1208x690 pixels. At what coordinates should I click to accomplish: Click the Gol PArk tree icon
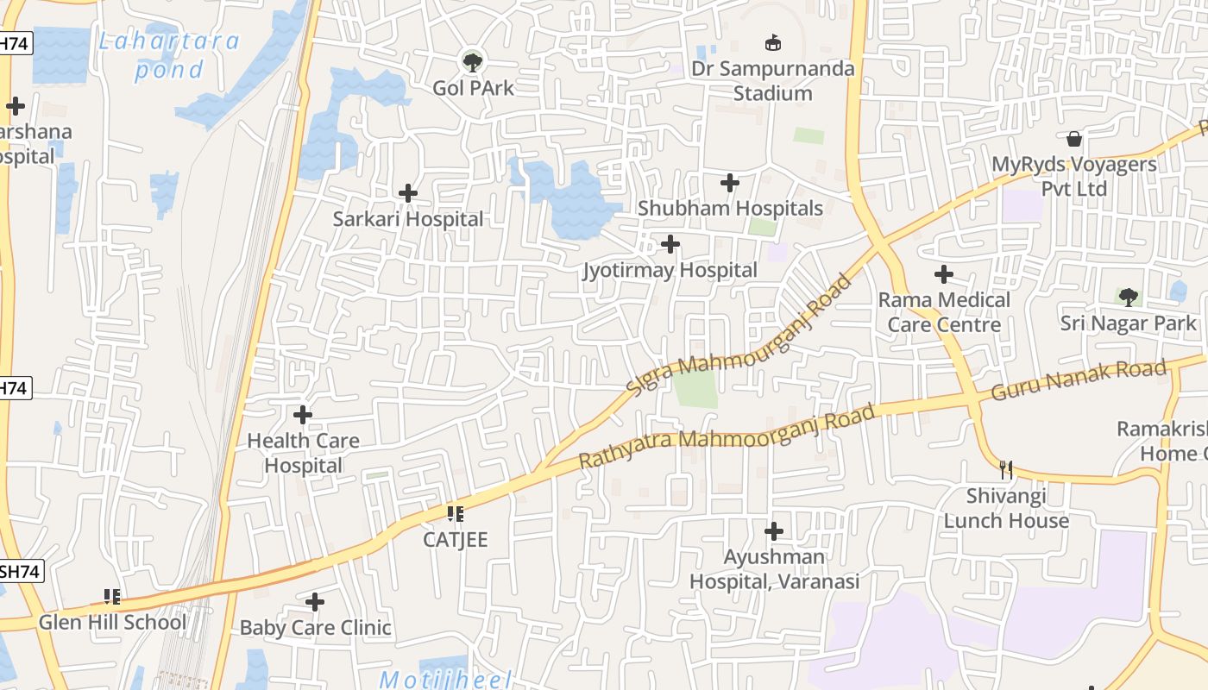point(472,61)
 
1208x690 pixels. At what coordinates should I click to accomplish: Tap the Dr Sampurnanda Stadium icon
point(773,42)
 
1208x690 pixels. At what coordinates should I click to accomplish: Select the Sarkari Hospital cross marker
point(408,193)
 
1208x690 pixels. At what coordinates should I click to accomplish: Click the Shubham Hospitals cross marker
point(730,183)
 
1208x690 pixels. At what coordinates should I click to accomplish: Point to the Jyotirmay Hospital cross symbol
point(670,244)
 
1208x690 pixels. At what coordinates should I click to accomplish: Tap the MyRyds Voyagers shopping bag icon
point(1074,138)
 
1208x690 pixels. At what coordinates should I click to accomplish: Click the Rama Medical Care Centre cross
point(944,274)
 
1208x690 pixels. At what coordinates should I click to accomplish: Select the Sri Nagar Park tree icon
point(1128,298)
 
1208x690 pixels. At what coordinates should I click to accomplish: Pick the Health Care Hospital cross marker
point(303,415)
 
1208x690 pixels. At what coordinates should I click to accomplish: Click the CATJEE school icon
point(456,514)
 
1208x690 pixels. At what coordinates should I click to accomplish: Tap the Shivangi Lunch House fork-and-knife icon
point(1006,470)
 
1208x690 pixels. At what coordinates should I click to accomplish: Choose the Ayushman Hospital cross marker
point(774,530)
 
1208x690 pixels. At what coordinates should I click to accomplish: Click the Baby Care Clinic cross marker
point(315,601)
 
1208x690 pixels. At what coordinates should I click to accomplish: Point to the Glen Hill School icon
point(112,596)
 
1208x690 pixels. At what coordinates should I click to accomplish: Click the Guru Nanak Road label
point(1079,380)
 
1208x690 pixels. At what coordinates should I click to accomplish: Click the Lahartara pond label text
point(169,55)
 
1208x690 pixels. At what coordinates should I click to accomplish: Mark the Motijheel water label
point(445,679)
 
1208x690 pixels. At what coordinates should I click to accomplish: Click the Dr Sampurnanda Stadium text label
point(773,80)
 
